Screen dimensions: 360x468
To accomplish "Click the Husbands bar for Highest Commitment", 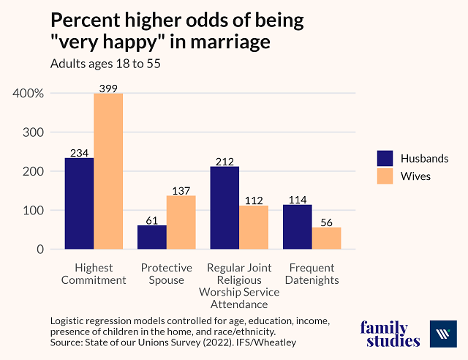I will point(79,203).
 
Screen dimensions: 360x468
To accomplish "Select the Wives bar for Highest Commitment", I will point(108,171).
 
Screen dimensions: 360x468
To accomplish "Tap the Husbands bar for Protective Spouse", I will point(152,237).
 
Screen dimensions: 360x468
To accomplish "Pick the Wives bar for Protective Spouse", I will point(181,222).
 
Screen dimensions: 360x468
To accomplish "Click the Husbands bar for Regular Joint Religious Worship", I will point(224,208).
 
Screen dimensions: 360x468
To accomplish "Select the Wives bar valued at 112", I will point(254,228).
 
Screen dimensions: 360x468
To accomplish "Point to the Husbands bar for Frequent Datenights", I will point(298,227).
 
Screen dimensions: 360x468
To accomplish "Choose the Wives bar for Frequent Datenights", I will point(326,238).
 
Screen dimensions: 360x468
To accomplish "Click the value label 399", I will point(108,89).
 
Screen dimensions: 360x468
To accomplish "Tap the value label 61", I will point(152,220).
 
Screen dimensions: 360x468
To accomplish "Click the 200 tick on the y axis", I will point(34,171).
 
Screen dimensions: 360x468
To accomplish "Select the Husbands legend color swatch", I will point(385,158).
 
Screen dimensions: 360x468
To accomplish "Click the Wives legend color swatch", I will point(385,176).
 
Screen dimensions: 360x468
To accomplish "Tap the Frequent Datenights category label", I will point(312,274).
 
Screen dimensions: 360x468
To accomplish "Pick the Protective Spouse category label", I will point(167,274).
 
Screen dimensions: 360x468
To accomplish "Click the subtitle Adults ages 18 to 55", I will point(105,63).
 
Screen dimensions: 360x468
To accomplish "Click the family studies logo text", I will point(390,334).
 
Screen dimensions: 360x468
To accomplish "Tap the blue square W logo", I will point(443,334).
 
